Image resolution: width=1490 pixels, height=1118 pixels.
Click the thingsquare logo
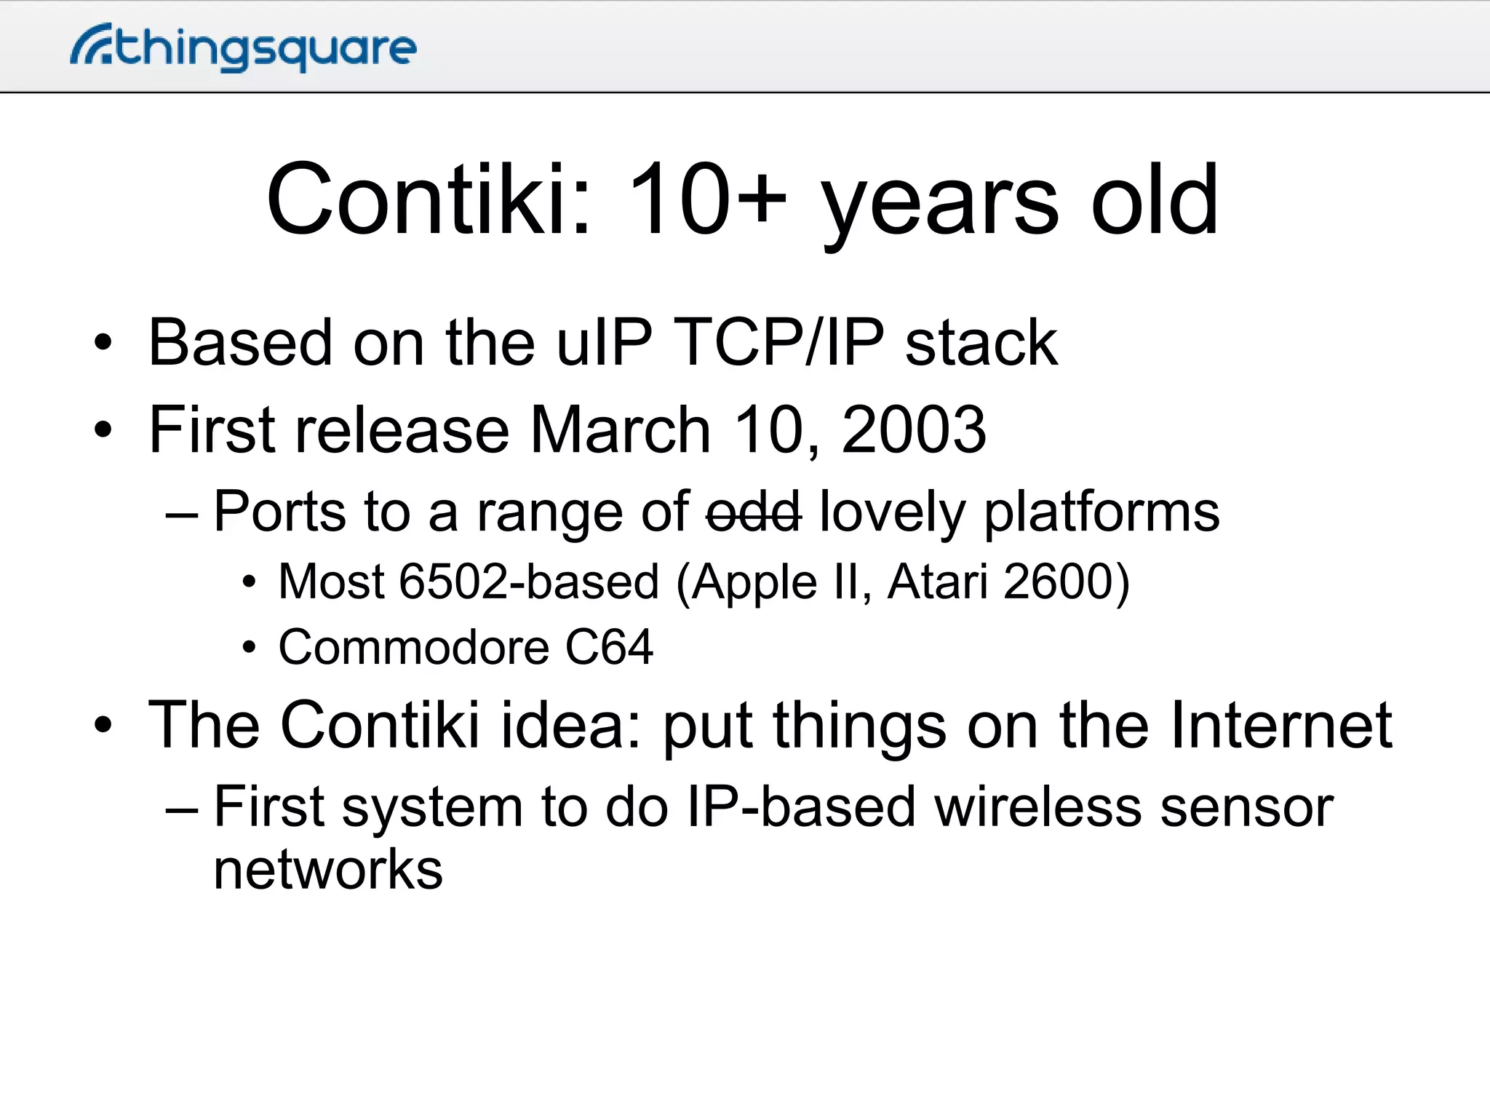(244, 48)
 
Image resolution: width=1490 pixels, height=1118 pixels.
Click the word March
(620, 429)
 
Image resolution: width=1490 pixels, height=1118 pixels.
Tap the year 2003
(914, 429)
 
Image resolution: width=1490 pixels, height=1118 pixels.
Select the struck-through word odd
(754, 512)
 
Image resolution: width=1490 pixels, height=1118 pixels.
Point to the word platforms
(1101, 512)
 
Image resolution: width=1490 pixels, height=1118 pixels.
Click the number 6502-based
(529, 582)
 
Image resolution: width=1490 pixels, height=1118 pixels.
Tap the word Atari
(938, 582)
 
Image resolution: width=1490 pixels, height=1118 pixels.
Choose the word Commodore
(413, 646)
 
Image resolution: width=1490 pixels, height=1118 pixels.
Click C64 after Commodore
(609, 646)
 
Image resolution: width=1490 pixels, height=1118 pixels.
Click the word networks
(328, 871)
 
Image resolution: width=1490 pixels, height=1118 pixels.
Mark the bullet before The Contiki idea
(103, 726)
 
